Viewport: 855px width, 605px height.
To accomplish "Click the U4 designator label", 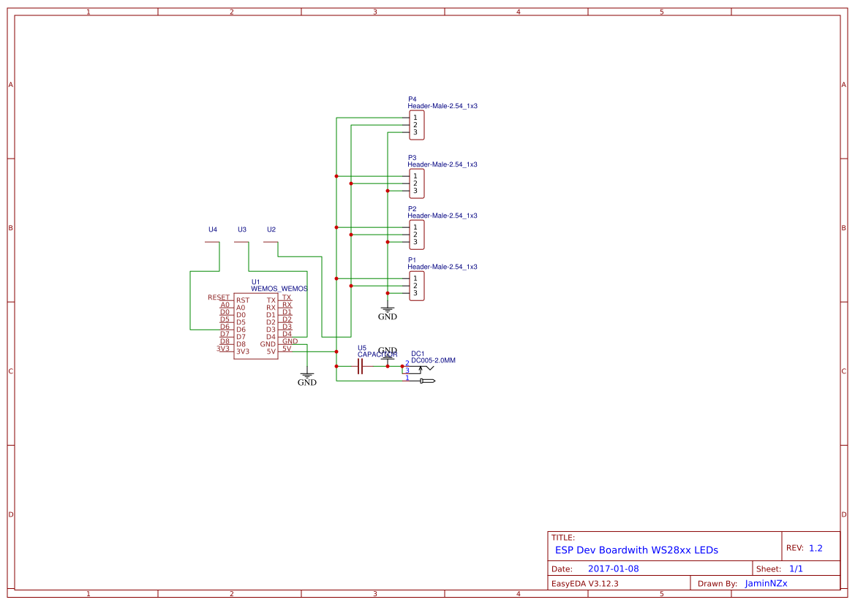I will click(213, 229).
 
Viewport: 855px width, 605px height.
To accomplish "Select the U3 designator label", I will click(242, 229).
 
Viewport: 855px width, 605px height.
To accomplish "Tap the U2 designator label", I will click(271, 229).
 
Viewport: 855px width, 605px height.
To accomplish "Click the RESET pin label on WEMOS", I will click(219, 297).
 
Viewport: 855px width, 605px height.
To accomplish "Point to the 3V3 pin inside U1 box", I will click(243, 351).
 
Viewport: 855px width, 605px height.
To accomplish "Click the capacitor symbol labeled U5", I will click(360, 366).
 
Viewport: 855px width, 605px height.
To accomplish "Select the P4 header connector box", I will click(416, 125).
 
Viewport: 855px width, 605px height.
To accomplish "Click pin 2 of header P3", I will click(415, 183).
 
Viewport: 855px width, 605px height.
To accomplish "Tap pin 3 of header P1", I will click(415, 293).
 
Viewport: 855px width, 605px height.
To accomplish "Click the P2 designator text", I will click(412, 209).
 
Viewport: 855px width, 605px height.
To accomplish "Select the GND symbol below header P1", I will click(388, 313).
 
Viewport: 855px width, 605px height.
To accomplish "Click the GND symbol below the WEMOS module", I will click(307, 378).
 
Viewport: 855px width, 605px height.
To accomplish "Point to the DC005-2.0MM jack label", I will click(433, 360).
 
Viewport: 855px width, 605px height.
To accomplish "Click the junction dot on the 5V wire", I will click(336, 351).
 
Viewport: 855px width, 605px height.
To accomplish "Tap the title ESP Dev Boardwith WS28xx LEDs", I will click(636, 550).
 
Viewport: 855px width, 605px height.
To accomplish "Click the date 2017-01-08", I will click(613, 568).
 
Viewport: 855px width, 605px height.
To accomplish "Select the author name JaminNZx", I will click(766, 583).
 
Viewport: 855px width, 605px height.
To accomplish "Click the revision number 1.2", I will click(816, 548).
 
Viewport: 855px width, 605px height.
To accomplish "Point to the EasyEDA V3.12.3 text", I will click(584, 583).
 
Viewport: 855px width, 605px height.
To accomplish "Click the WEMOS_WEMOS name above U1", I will click(279, 289).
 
